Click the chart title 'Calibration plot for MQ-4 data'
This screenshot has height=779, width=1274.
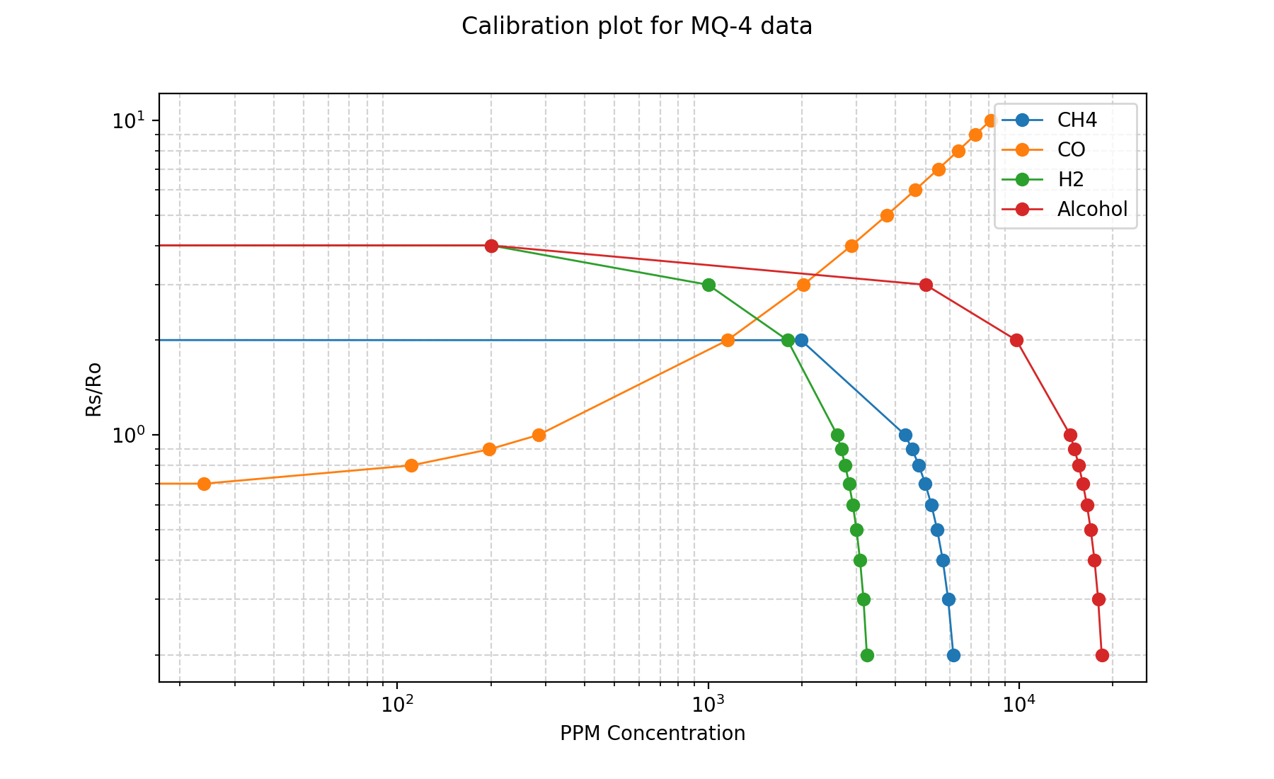tap(636, 26)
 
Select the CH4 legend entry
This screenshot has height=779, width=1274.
tap(1077, 120)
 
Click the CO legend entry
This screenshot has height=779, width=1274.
tap(1071, 149)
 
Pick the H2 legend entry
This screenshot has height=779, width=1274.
tap(1070, 179)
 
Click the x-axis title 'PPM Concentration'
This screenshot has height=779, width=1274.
tap(652, 734)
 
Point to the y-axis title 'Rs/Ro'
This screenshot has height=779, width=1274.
tap(93, 389)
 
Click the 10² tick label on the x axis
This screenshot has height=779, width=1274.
tap(398, 705)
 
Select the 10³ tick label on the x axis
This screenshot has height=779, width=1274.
tap(708, 705)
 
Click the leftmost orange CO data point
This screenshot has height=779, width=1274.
tap(204, 484)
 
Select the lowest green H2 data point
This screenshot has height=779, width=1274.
tap(867, 655)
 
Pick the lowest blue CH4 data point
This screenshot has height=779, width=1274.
tap(953, 655)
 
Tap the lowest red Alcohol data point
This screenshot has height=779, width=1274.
tap(1102, 655)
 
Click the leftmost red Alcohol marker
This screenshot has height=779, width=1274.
tap(491, 246)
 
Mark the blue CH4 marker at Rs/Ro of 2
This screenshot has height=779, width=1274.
tap(801, 340)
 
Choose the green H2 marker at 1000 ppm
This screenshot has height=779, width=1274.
tap(708, 285)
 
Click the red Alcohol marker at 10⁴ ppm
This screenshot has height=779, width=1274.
tap(1016, 340)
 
